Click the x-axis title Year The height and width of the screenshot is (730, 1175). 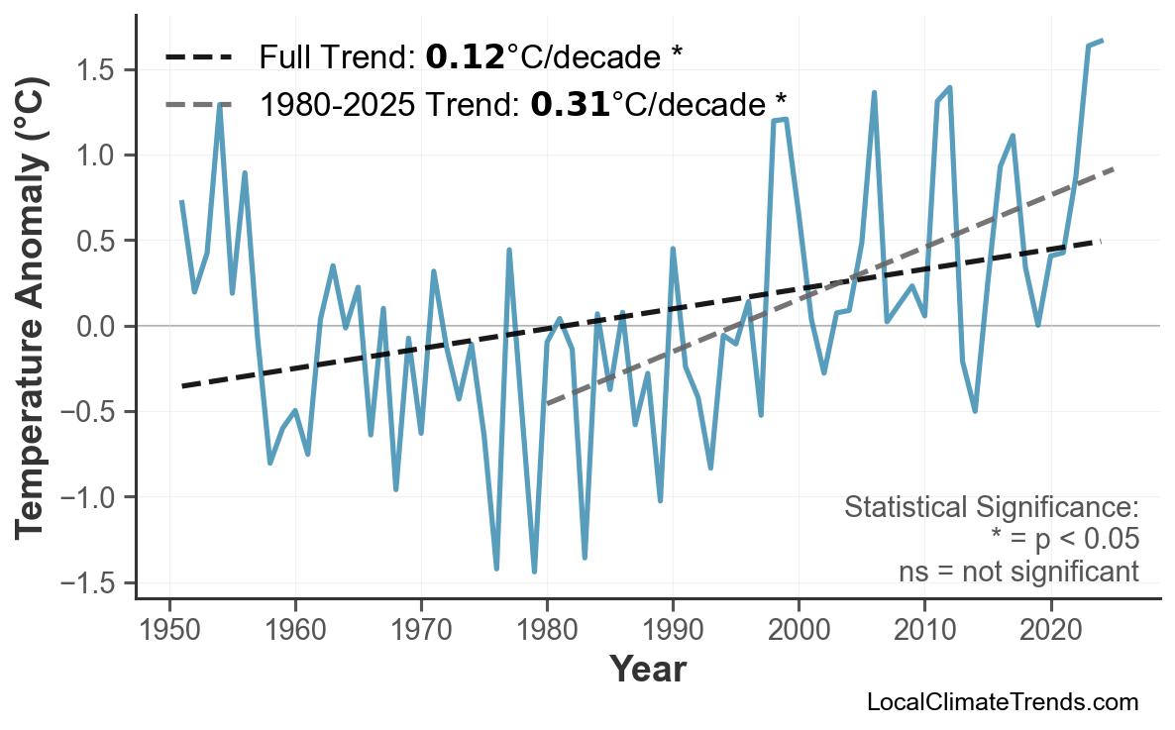(647, 671)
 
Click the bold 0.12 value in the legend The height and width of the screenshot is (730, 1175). (465, 57)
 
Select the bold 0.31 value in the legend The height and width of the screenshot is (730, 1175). (570, 103)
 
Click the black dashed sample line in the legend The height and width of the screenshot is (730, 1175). (198, 57)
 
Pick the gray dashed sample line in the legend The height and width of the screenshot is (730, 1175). (198, 103)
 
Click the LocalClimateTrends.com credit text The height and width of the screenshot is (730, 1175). (1003, 702)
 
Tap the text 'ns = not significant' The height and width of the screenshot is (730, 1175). (1018, 572)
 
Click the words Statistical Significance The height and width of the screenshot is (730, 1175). (991, 508)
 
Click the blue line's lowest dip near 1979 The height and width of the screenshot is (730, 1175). (534, 572)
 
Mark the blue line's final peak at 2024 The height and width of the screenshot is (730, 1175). (1102, 41)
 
